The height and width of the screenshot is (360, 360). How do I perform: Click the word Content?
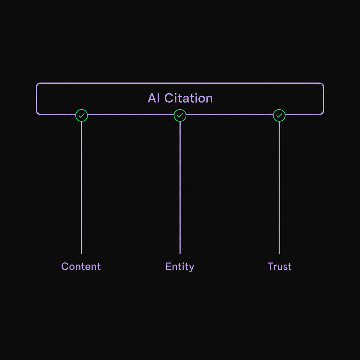(x=81, y=266)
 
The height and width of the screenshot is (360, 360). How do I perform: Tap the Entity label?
(x=180, y=267)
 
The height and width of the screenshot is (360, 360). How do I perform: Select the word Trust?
(x=279, y=266)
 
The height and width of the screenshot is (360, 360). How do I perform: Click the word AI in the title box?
(x=154, y=98)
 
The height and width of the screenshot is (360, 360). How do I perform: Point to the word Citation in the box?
(x=188, y=98)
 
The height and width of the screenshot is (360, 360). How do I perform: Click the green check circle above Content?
(x=82, y=115)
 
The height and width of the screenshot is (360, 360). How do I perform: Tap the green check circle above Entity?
(x=180, y=115)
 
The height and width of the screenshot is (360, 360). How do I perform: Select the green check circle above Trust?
(x=279, y=115)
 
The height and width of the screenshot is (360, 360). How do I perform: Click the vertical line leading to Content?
(x=82, y=188)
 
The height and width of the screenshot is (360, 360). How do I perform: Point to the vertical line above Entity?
(x=180, y=188)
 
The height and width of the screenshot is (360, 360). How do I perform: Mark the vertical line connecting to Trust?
(x=279, y=188)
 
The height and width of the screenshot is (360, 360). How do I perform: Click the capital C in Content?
(x=65, y=266)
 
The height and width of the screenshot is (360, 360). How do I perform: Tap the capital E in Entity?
(x=168, y=266)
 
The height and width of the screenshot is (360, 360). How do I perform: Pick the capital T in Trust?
(x=271, y=266)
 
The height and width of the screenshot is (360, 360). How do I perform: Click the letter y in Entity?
(x=191, y=268)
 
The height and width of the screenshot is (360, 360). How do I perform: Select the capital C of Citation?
(x=169, y=98)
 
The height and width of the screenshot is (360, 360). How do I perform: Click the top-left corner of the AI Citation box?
(x=37, y=83)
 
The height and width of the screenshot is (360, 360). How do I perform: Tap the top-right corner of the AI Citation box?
(x=323, y=83)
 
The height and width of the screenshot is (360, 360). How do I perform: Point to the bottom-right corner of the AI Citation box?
(x=323, y=114)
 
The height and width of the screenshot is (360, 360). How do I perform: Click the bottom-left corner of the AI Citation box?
(x=37, y=114)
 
